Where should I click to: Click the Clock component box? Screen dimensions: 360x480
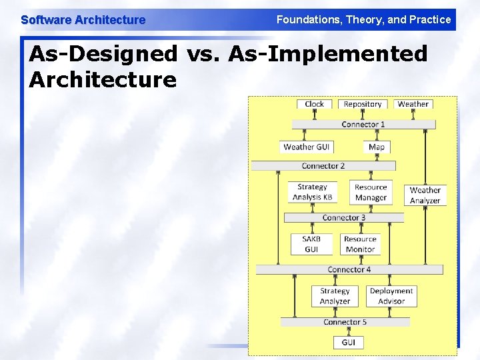click(x=314, y=104)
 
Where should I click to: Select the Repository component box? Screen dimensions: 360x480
click(x=363, y=104)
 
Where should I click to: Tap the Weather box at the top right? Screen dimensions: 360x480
click(x=413, y=104)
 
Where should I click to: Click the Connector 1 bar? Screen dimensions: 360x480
click(x=363, y=125)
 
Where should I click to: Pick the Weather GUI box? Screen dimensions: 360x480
click(x=307, y=147)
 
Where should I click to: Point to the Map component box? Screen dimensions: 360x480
click(x=377, y=147)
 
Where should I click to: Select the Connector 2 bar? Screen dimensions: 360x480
click(x=323, y=166)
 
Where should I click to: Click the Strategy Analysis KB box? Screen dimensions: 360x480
click(x=312, y=192)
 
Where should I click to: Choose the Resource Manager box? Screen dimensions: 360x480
click(x=371, y=192)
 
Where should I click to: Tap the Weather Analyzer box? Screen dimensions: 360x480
click(x=425, y=195)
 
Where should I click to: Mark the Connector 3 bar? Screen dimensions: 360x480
click(x=344, y=218)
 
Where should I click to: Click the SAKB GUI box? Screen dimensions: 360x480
click(x=311, y=244)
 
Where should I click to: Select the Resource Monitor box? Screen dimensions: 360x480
click(x=360, y=244)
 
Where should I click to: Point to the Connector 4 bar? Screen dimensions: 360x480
click(x=349, y=270)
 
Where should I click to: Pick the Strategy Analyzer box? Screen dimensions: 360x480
click(x=335, y=296)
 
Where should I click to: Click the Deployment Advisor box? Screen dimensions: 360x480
click(x=391, y=296)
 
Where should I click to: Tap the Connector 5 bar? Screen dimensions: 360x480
click(x=345, y=322)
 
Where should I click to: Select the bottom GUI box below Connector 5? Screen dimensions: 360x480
click(x=348, y=343)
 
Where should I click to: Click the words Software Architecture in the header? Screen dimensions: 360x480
click(x=83, y=20)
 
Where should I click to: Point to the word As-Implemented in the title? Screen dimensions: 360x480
click(x=327, y=53)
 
